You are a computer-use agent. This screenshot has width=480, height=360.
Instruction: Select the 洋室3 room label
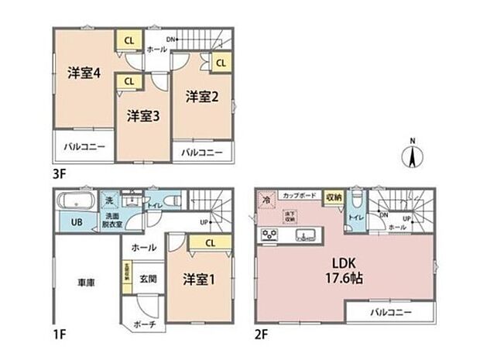click(143, 115)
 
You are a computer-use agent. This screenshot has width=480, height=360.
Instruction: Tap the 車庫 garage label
click(84, 282)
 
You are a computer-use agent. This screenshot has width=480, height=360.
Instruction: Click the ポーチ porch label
click(142, 324)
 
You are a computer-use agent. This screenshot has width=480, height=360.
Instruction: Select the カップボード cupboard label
click(298, 195)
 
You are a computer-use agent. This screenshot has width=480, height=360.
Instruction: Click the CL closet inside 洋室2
click(220, 62)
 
